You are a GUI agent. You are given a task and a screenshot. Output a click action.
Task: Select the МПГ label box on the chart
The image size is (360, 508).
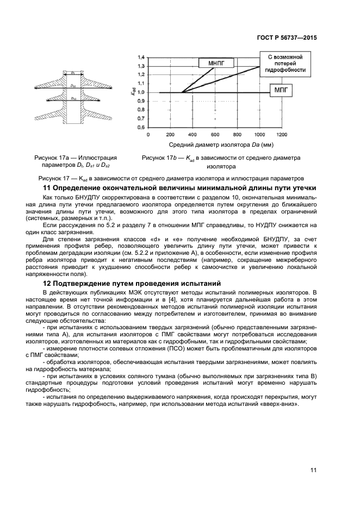point(281,89)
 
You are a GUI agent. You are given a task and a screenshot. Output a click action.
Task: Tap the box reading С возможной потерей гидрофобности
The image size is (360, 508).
point(285,63)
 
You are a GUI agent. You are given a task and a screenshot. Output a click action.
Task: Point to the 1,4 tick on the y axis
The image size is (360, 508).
point(141,57)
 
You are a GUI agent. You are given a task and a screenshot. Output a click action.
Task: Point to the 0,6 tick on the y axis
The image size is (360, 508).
point(141,127)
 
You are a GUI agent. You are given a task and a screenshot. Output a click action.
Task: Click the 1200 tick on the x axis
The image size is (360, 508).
point(282,134)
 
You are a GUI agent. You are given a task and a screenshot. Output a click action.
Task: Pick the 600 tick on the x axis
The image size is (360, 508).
point(215,134)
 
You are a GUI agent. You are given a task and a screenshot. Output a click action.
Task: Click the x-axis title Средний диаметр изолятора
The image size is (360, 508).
point(220,145)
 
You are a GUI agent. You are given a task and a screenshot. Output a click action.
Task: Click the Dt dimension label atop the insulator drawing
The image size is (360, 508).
point(72,72)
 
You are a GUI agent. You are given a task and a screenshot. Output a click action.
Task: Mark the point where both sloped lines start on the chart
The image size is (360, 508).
point(181,92)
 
